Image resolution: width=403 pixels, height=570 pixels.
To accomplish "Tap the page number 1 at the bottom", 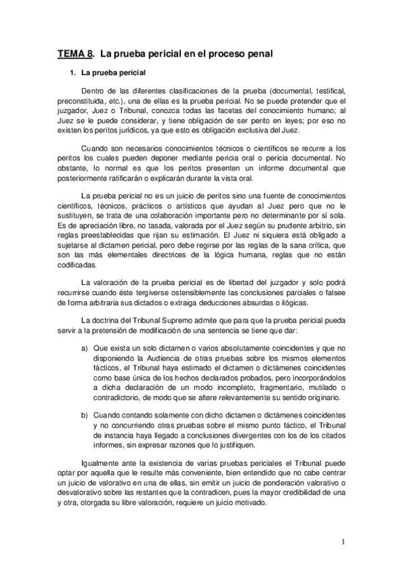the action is point(342,542).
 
